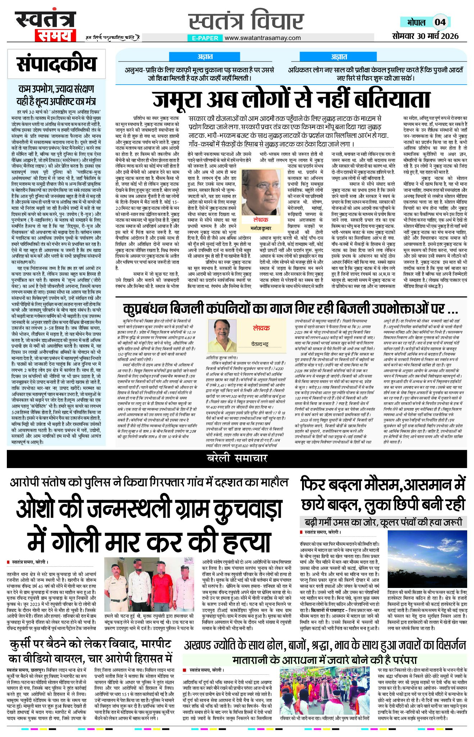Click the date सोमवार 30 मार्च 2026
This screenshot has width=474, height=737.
click(425, 36)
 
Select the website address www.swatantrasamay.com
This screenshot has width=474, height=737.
click(263, 38)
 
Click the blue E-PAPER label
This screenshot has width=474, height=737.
click(205, 38)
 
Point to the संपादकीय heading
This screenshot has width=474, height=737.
click(56, 64)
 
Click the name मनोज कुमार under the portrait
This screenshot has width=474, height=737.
click(261, 228)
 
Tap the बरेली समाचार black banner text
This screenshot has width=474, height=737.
click(237, 458)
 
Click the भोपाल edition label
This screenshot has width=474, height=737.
click(416, 22)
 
